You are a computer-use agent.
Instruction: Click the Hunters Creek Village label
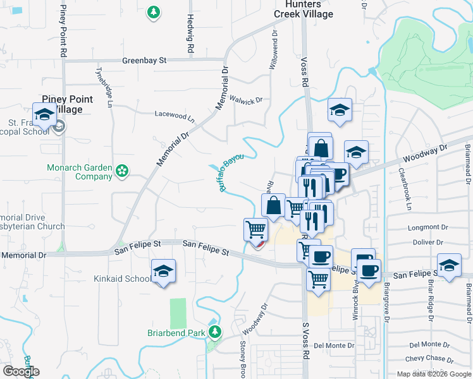(304, 8)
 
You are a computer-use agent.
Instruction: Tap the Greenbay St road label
(144, 61)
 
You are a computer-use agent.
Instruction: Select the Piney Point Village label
(67, 104)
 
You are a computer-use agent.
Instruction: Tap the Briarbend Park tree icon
(215, 331)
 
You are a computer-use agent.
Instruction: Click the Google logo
(21, 371)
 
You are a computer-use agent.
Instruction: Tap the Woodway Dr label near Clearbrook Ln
(425, 153)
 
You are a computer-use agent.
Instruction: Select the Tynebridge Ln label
(105, 86)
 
